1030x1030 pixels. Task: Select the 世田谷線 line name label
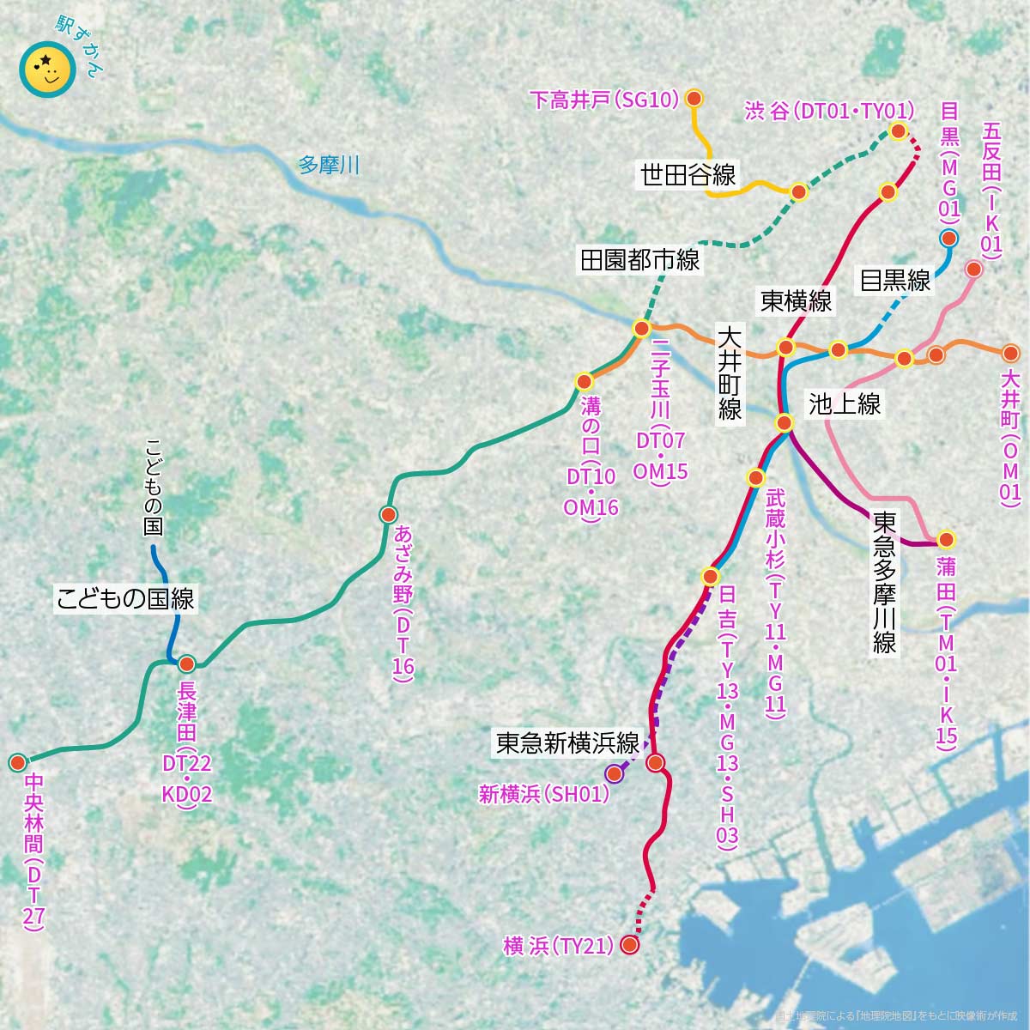pyautogui.click(x=688, y=175)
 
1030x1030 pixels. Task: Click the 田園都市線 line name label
pyautogui.click(x=640, y=260)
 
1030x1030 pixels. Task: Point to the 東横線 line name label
pyautogui.click(x=796, y=300)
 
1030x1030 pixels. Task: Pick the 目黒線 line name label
pyautogui.click(x=895, y=280)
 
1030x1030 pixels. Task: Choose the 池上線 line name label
pyautogui.click(x=845, y=404)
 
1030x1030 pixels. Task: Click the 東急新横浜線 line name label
pyautogui.click(x=568, y=742)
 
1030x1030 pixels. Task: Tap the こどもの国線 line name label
pyautogui.click(x=125, y=598)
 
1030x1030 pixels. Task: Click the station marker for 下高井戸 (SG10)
pyautogui.click(x=695, y=100)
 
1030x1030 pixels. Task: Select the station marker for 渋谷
pyautogui.click(x=898, y=131)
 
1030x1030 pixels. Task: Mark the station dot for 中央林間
pyautogui.click(x=17, y=762)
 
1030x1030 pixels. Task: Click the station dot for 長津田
pyautogui.click(x=186, y=663)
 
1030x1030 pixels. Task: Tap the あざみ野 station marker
pyautogui.click(x=387, y=514)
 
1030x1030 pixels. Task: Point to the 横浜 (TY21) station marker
pyautogui.click(x=629, y=945)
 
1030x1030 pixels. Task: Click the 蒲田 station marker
pyautogui.click(x=946, y=540)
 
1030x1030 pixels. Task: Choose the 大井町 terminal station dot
pyautogui.click(x=1011, y=353)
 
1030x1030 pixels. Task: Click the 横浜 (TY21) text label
pyautogui.click(x=559, y=946)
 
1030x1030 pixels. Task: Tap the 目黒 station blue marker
pyautogui.click(x=948, y=239)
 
